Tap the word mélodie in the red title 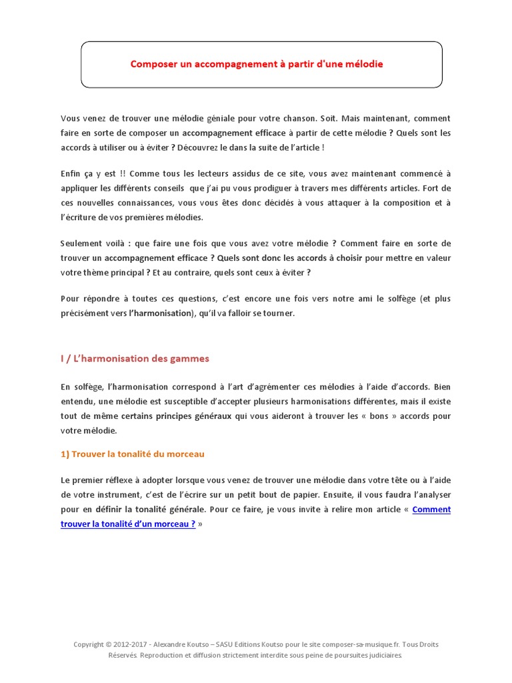pyautogui.click(x=363, y=64)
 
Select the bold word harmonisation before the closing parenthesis pyautogui.click(x=162, y=313)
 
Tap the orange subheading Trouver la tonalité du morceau pyautogui.click(x=133, y=454)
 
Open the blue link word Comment pyautogui.click(x=431, y=509)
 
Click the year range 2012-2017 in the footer pyautogui.click(x=131, y=644)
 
